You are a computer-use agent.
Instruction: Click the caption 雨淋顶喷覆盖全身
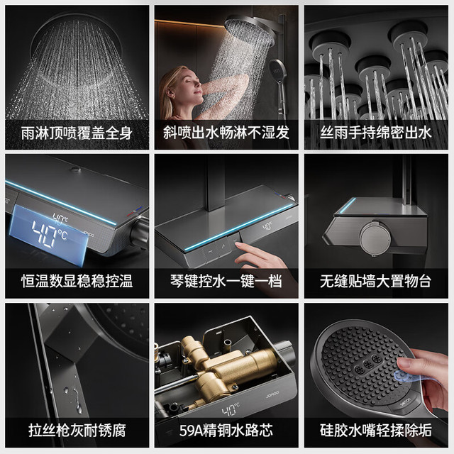77,133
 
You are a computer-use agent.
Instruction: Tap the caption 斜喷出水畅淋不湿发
226,133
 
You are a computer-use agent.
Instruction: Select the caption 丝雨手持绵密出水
376,133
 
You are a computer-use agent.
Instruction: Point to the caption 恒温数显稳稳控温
77,282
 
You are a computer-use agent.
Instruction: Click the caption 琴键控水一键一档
226,282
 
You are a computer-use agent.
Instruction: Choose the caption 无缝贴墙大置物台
376,282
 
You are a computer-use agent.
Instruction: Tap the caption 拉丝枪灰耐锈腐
77,431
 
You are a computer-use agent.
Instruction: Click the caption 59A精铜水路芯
226,431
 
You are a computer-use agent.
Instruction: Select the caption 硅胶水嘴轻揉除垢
376,431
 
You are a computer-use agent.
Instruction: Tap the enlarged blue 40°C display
49,235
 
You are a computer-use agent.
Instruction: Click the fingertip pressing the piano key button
239,246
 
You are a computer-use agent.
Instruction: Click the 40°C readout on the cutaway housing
231,409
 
